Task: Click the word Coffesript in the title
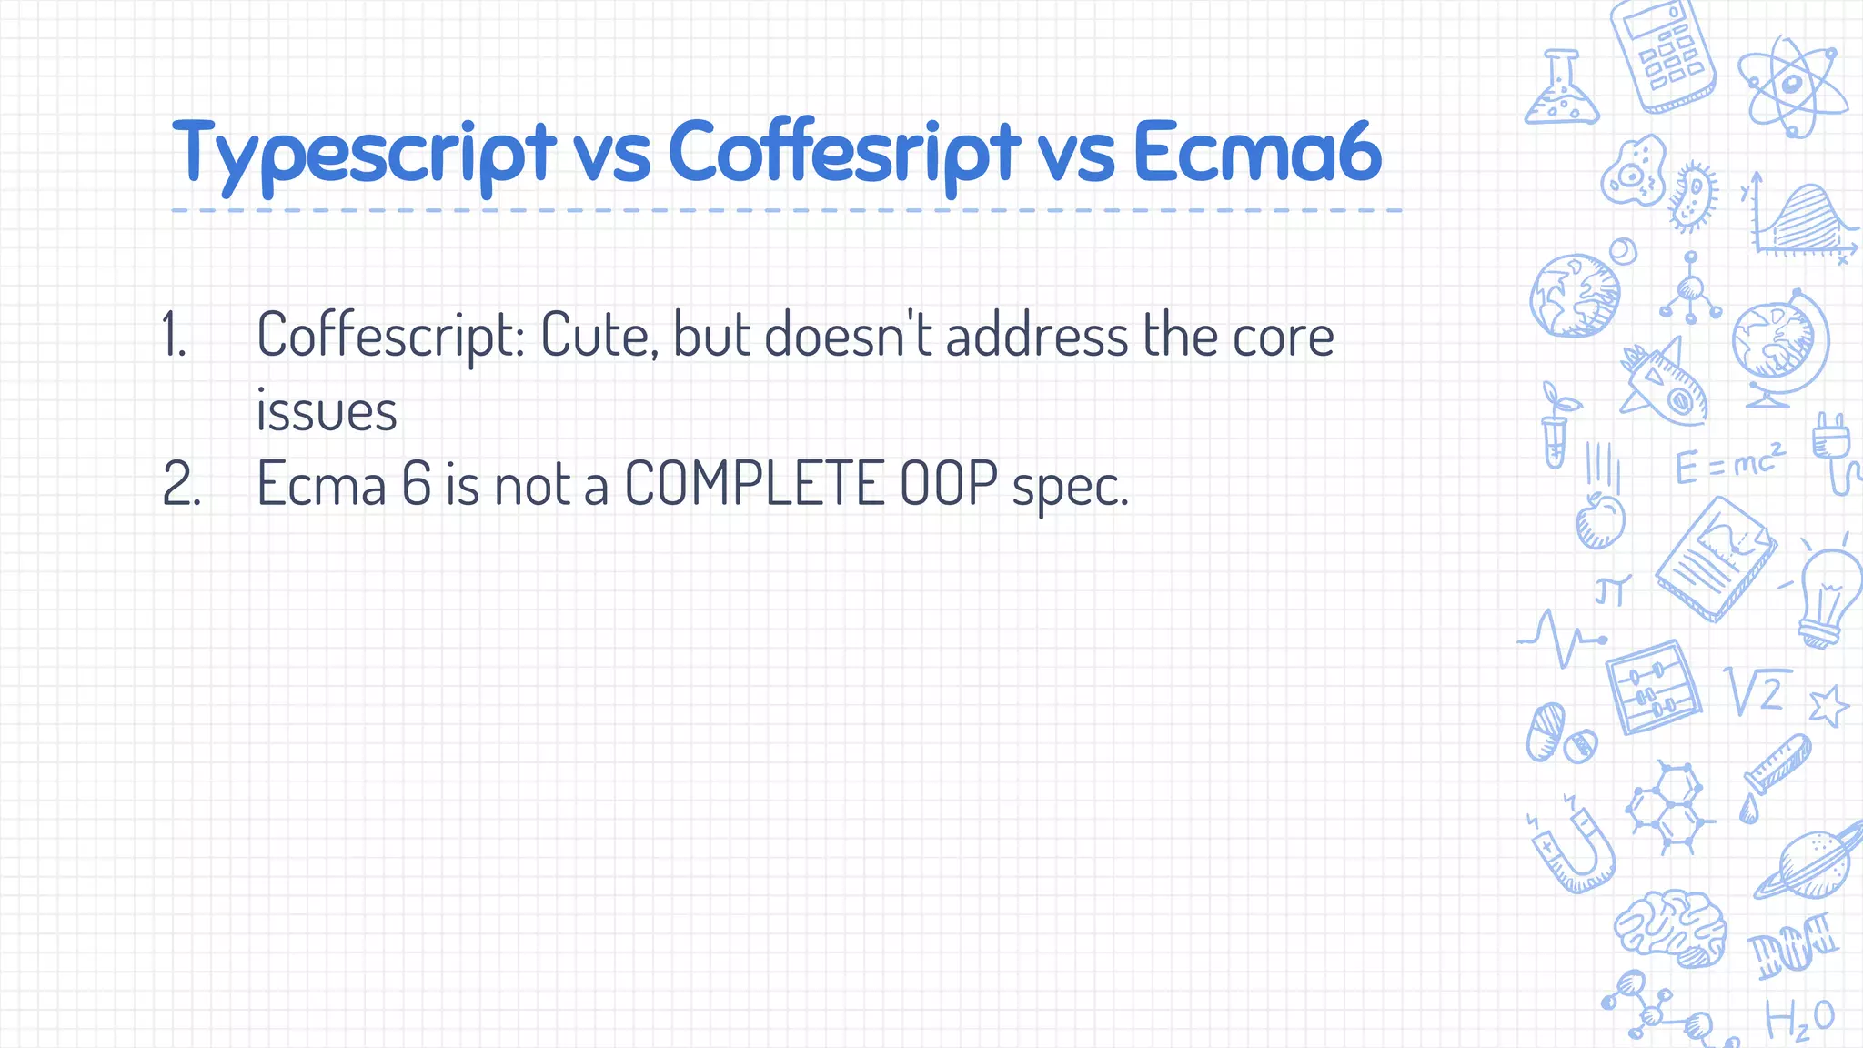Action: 844,153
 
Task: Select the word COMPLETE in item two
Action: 754,483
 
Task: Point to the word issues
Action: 326,411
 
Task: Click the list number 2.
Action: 180,484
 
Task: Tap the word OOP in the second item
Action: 948,483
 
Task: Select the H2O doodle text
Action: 1799,1018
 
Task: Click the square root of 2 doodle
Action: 1757,691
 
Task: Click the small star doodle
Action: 1828,706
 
